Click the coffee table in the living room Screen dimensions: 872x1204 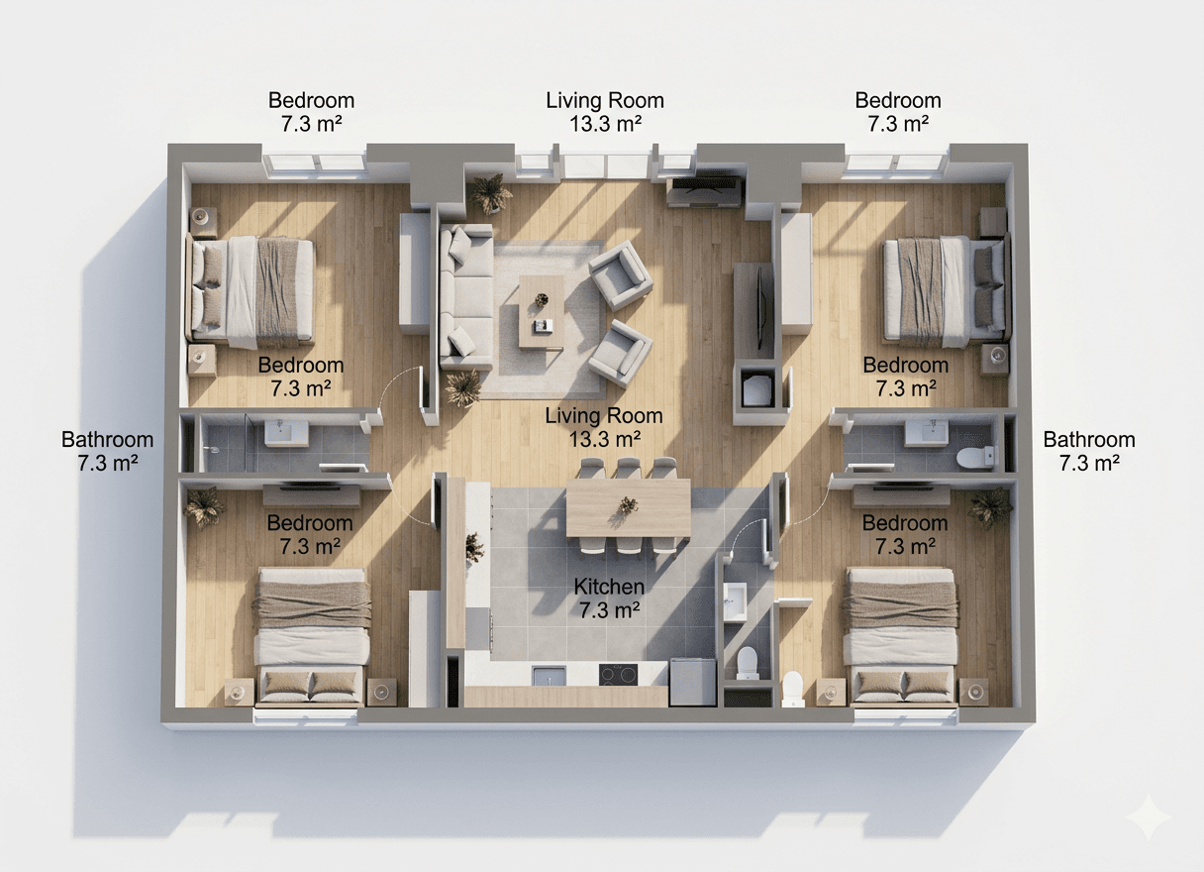coord(541,311)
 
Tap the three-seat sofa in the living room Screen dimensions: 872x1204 coord(466,295)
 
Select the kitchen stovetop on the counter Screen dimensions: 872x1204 coord(619,675)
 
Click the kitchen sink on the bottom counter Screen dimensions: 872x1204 coord(550,676)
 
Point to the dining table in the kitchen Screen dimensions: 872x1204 coord(628,508)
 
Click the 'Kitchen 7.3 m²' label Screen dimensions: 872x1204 coord(609,599)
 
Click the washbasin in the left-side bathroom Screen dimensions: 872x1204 coord(285,431)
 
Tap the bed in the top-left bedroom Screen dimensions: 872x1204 coord(253,292)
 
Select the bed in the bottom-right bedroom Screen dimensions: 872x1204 coord(900,634)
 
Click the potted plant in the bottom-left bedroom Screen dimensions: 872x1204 coord(205,506)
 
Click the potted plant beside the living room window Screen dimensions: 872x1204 coord(490,192)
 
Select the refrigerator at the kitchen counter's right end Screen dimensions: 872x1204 coord(692,682)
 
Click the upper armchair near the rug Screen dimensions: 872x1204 coord(620,274)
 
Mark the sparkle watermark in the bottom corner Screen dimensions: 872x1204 coord(1154,817)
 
